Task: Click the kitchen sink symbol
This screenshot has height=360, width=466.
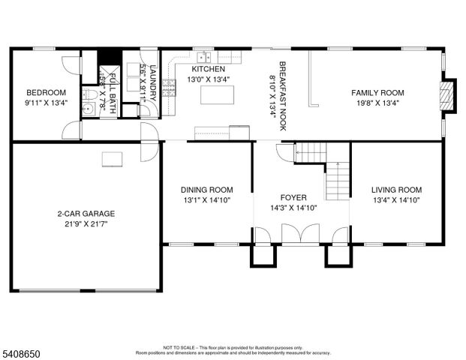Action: point(203,56)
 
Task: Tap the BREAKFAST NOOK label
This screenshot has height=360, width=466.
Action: point(283,95)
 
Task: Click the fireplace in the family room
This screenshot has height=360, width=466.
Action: point(446,95)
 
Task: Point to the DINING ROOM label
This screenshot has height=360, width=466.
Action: point(206,190)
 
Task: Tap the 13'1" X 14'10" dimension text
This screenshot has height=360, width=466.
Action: point(206,200)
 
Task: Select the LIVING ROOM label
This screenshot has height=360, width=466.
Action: point(397,190)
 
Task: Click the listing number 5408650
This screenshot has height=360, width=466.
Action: point(22,350)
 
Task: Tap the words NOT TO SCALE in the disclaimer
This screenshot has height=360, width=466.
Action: point(179,347)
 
